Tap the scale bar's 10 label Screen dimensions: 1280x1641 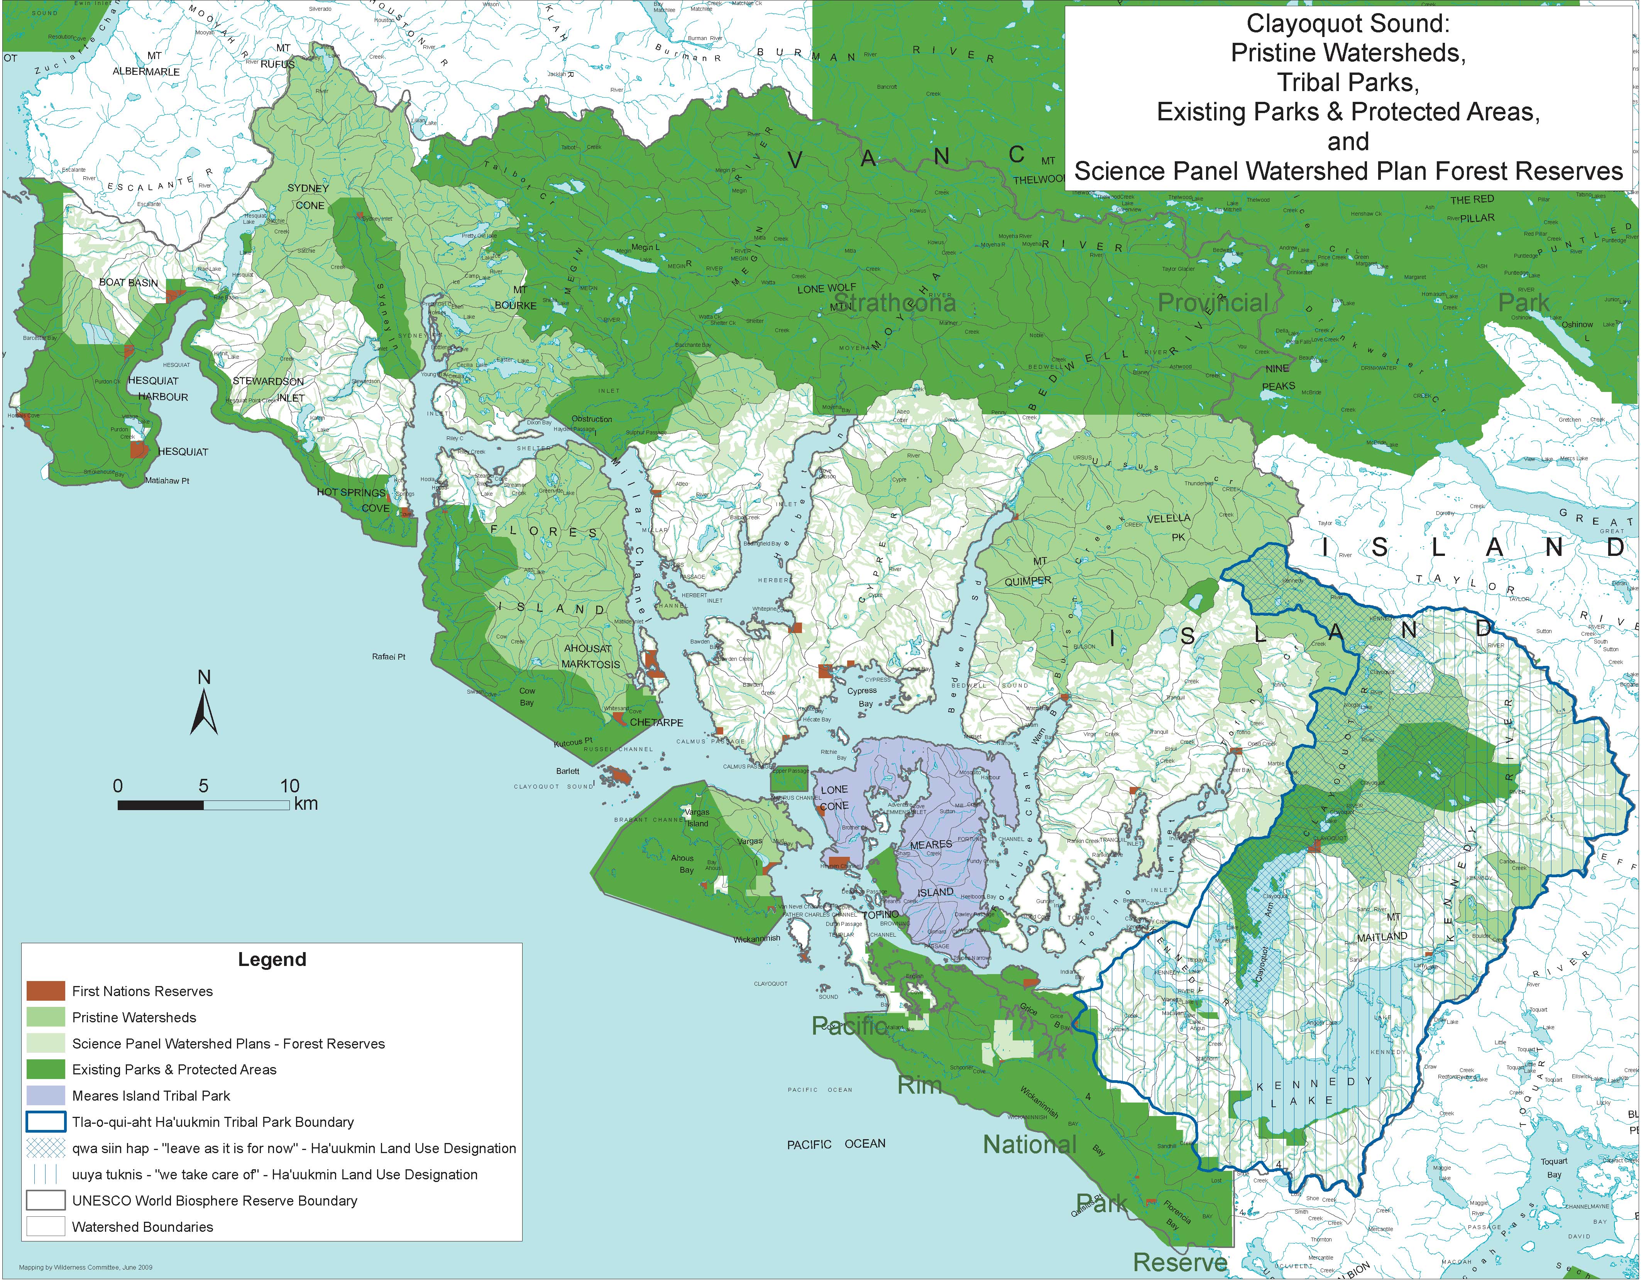[290, 786]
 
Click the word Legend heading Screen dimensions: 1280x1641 [272, 959]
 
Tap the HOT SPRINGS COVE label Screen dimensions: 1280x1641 [353, 500]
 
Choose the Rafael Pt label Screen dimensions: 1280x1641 [389, 657]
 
